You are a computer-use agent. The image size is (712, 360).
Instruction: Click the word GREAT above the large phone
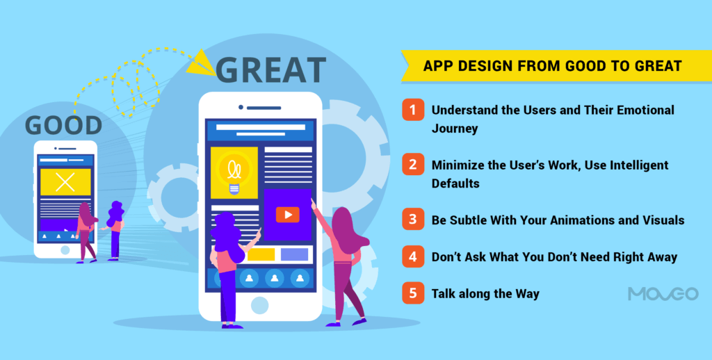tap(270, 70)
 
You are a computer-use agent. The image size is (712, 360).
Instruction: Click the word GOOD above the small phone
tap(64, 126)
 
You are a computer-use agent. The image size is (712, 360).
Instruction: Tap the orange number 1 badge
tap(413, 110)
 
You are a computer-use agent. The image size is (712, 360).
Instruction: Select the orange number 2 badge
tap(413, 165)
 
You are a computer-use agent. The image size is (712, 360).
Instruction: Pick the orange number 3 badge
tap(413, 220)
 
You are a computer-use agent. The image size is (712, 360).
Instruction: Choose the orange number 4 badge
tap(413, 256)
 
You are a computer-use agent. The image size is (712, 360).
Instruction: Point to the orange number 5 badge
tap(413, 293)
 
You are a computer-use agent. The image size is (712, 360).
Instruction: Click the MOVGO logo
tap(663, 294)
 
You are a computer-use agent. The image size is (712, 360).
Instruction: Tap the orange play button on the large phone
tap(287, 215)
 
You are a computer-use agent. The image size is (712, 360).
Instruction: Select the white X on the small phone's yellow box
tap(65, 182)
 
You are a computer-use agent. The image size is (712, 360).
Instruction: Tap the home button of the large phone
tap(259, 305)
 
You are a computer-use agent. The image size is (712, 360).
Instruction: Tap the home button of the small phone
tap(65, 249)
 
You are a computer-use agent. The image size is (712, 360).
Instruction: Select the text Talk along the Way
tap(485, 293)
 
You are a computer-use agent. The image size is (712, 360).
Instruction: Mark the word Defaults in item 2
tap(456, 183)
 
